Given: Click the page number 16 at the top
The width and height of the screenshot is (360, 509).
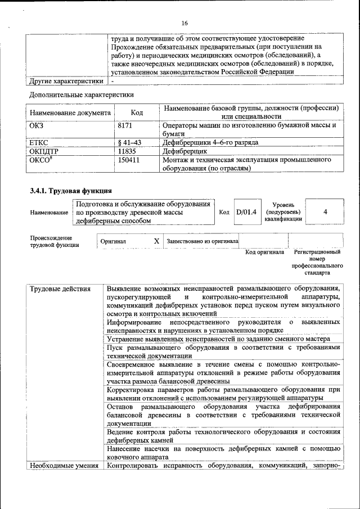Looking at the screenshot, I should (x=184, y=23).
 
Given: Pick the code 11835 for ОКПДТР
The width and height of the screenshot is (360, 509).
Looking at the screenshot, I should (x=127, y=151).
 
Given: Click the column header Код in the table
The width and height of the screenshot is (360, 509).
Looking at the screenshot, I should (x=137, y=112).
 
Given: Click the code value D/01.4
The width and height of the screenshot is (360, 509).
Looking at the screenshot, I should (x=246, y=212).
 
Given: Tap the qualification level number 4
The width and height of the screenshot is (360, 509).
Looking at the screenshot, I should (x=326, y=212).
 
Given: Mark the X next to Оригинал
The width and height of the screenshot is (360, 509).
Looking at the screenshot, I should (x=156, y=241).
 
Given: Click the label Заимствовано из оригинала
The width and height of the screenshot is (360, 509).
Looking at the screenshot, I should (x=202, y=241).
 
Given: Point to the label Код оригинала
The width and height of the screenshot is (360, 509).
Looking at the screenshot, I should (x=264, y=252).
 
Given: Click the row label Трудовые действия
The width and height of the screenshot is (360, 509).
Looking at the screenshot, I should (x=60, y=290).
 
